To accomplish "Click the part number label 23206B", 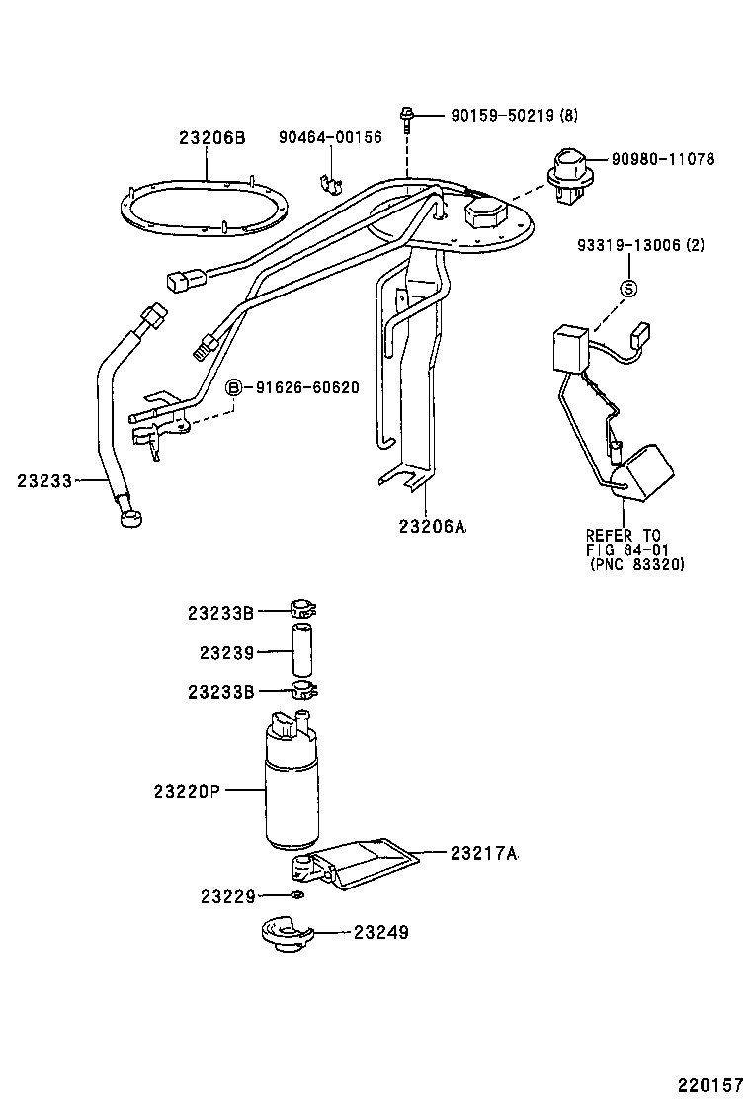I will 211,138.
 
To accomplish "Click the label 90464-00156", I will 329,138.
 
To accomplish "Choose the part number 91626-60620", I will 307,387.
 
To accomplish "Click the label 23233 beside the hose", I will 44,481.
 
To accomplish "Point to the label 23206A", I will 432,527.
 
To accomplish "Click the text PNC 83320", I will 636,564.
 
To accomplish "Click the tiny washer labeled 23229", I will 296,895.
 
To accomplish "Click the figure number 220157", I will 711,1084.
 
